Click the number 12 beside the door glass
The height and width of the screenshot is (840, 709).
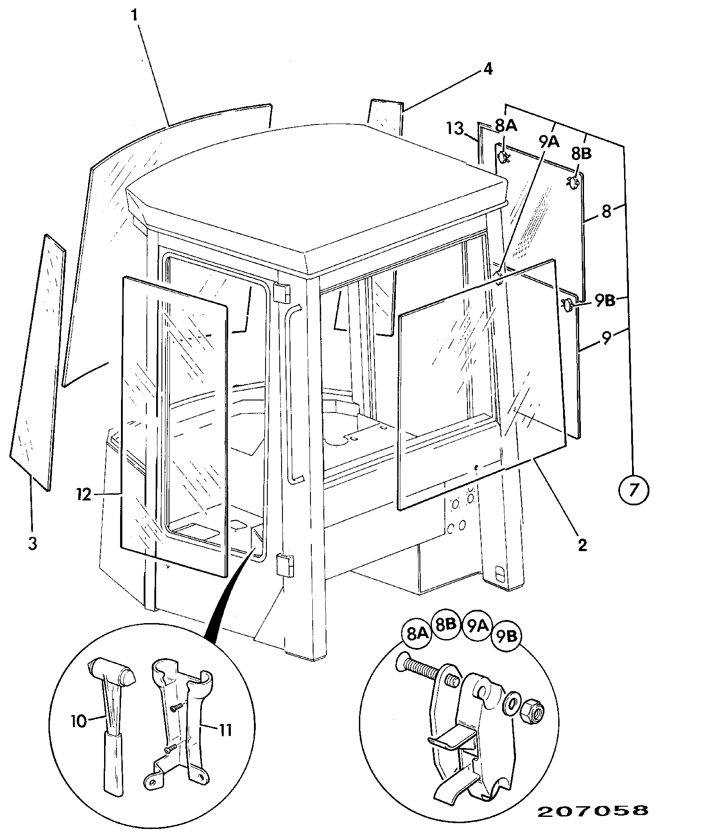point(83,494)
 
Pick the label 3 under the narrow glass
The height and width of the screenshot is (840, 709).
point(32,544)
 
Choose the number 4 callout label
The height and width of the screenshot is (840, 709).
point(488,69)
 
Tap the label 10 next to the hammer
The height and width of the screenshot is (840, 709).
point(78,721)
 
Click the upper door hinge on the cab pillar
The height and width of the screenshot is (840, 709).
point(282,292)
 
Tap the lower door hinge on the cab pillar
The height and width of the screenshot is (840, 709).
point(285,565)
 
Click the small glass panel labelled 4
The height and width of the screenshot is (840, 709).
point(385,116)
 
